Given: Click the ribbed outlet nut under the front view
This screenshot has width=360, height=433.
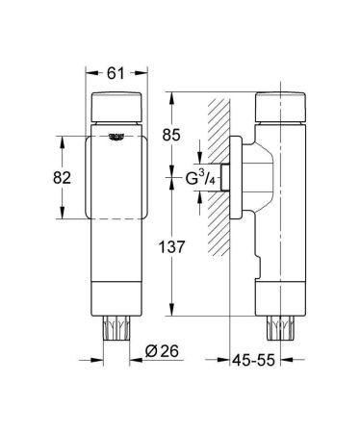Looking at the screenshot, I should (x=118, y=327).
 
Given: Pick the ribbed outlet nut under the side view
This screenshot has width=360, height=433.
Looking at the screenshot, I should (x=281, y=327).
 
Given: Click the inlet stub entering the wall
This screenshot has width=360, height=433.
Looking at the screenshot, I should (x=226, y=179).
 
